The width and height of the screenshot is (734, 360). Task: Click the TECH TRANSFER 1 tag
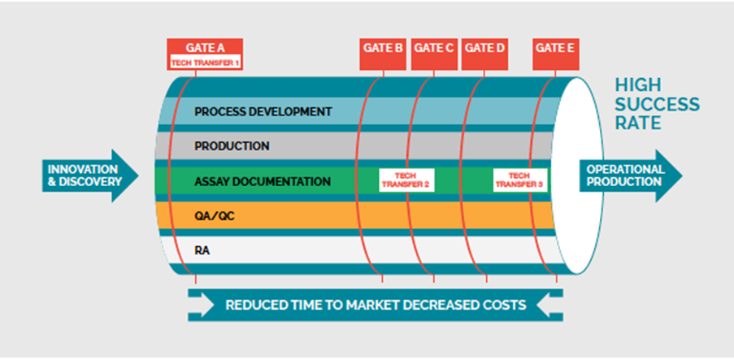(205, 62)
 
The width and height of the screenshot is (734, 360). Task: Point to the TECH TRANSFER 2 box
(404, 180)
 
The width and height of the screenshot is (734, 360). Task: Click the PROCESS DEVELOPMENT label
(252, 111)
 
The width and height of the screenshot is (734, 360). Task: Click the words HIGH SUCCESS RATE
(656, 104)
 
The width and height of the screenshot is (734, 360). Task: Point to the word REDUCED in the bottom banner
(257, 306)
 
